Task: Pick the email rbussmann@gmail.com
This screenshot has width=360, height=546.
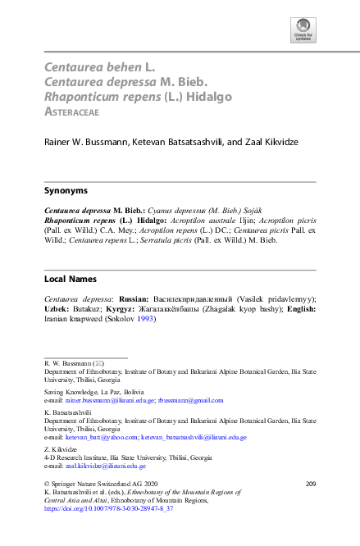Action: tap(191, 400)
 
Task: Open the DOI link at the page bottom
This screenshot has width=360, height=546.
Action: tap(108, 509)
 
